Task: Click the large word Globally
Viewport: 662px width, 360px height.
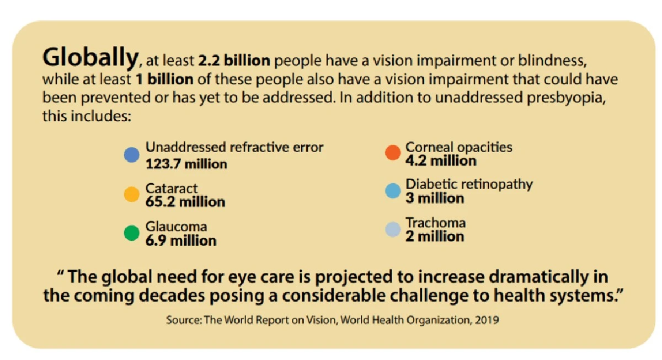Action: (90, 57)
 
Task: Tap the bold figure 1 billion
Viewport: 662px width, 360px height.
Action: (164, 79)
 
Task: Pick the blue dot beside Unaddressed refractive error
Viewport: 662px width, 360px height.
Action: (131, 155)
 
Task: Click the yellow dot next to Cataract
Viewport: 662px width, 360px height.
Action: (131, 194)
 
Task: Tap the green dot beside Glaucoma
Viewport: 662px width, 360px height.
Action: (131, 233)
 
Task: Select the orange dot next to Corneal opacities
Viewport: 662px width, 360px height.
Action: (392, 153)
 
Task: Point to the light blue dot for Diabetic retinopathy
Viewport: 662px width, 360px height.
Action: (392, 191)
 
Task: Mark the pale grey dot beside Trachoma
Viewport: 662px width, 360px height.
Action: (392, 229)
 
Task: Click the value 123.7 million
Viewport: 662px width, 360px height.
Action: (186, 164)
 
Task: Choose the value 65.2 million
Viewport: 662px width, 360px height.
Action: (185, 202)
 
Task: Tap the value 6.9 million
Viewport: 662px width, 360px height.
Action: (181, 240)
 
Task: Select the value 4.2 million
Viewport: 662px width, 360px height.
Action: (441, 161)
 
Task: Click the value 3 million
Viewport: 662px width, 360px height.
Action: (435, 198)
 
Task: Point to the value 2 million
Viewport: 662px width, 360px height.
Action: (435, 237)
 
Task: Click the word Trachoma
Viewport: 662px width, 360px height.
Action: (436, 223)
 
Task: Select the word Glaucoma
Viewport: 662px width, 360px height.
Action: (177, 227)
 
